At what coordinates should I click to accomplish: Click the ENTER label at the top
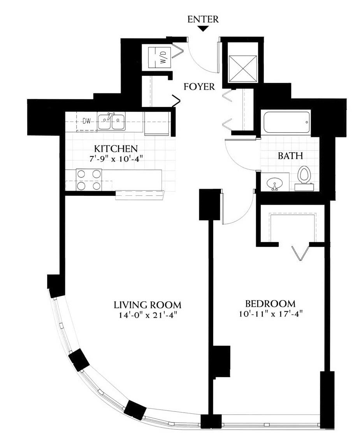coord(203,19)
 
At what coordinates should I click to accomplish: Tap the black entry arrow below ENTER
coord(203,28)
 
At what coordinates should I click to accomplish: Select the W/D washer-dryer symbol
coord(160,57)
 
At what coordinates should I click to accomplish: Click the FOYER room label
coord(199,87)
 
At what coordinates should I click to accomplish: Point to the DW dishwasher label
coord(87,121)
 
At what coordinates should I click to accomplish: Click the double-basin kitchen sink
coord(111,121)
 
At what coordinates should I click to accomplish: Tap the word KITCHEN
coord(116,148)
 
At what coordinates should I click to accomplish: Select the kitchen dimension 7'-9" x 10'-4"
coord(116,159)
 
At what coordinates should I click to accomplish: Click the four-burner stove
coord(89,179)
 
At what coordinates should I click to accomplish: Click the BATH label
coord(290,156)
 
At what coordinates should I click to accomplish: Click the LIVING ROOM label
coord(148,305)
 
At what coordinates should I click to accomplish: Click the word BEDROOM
coord(270,304)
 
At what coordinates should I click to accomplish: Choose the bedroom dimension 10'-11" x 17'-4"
coord(270,314)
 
